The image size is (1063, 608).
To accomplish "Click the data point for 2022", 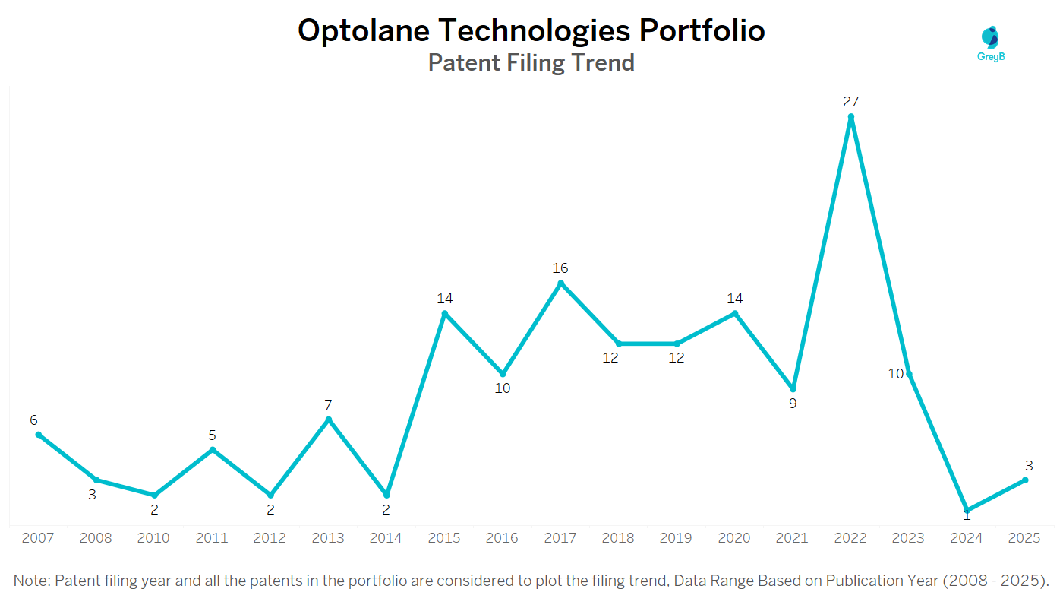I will click(x=851, y=117).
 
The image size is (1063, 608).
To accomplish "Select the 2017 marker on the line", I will click(x=561, y=283).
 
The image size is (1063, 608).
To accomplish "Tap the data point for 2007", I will click(x=39, y=435).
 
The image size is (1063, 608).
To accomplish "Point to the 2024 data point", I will click(x=967, y=510).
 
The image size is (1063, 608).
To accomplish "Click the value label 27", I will click(x=850, y=101).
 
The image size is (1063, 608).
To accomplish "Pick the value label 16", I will click(x=560, y=268).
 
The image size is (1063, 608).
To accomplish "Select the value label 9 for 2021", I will click(x=793, y=404).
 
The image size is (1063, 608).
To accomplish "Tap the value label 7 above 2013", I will click(x=329, y=405).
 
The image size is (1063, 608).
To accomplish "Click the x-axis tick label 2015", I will click(x=444, y=538).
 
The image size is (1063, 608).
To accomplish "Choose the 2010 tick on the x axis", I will click(x=154, y=538).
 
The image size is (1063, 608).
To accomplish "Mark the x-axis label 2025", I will click(x=1024, y=538).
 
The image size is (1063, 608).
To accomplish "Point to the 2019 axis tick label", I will click(x=676, y=538).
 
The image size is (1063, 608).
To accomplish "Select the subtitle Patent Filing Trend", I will click(x=531, y=62).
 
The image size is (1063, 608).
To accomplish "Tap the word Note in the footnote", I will click(x=31, y=581).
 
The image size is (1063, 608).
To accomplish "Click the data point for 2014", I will click(x=386, y=495).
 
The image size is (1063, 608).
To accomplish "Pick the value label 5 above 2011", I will click(x=213, y=435).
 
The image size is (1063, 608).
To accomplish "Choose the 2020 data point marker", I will click(x=735, y=313).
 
